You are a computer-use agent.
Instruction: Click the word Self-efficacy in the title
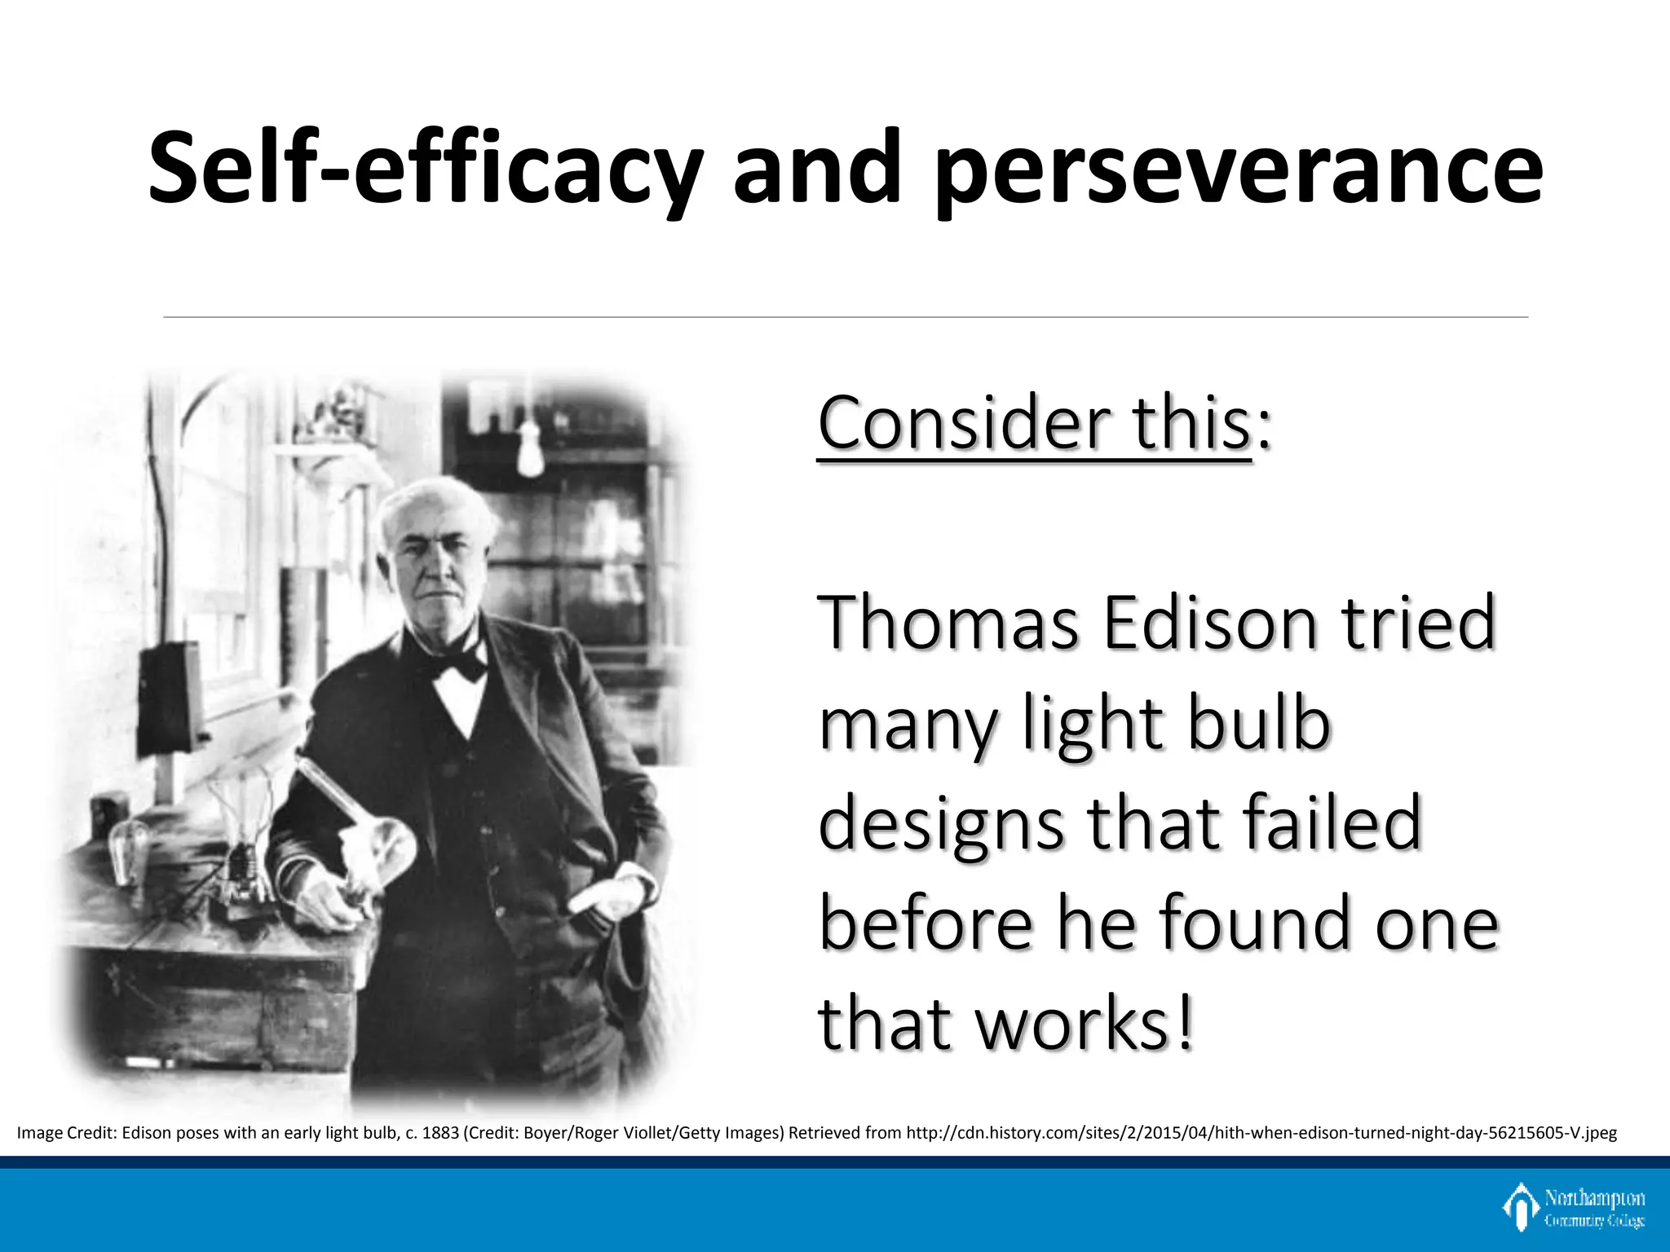pyautogui.click(x=424, y=170)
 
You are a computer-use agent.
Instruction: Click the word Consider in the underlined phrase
pyautogui.click(x=961, y=423)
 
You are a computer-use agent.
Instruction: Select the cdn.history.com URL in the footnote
pyautogui.click(x=1261, y=1133)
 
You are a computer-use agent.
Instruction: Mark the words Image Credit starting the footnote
pyautogui.click(x=66, y=1133)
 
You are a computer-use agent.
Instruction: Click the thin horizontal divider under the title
pyautogui.click(x=845, y=317)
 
